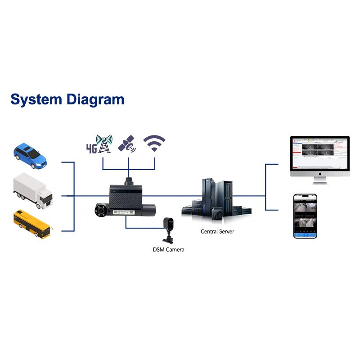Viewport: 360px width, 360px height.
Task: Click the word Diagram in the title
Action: [95, 100]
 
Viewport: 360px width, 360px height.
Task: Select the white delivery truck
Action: [32, 192]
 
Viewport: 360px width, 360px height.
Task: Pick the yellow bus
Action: [32, 224]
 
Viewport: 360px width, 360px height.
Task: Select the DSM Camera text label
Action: [168, 249]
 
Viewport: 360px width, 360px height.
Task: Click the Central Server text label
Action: [217, 232]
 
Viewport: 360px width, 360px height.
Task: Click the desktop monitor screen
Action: [319, 153]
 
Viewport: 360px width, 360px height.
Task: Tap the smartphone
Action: [305, 216]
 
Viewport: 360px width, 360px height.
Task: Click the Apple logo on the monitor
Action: [319, 173]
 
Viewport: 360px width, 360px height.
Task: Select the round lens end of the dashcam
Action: [99, 210]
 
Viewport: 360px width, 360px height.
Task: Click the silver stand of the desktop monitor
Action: [320, 180]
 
